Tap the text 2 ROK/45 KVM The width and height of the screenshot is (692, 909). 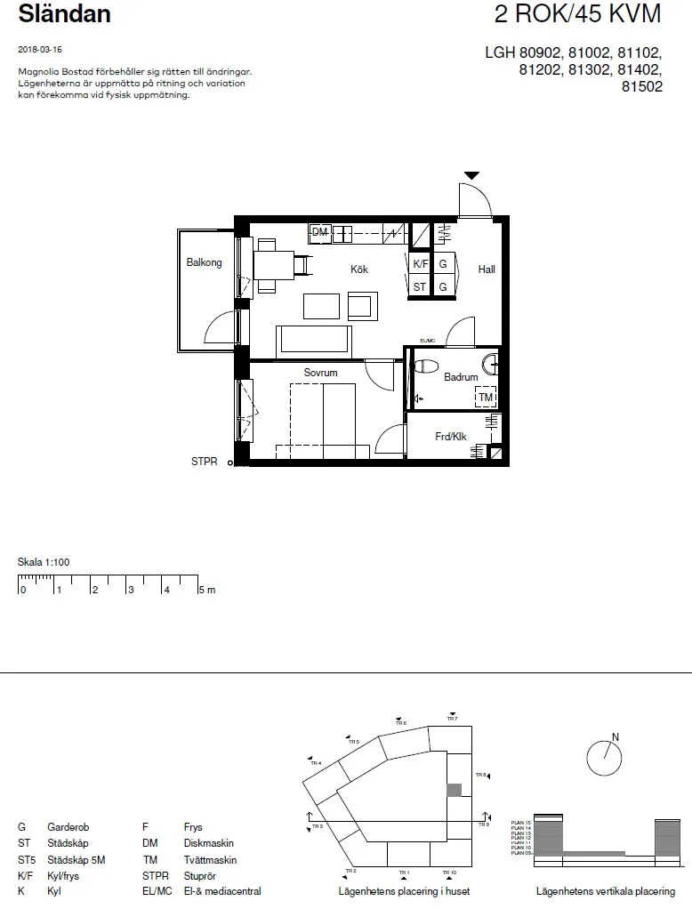click(x=578, y=14)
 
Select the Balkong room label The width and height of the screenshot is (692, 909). click(x=204, y=263)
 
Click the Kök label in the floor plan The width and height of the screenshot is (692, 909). click(x=358, y=269)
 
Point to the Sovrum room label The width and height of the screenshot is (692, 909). click(x=320, y=373)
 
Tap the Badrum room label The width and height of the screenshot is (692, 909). click(x=461, y=377)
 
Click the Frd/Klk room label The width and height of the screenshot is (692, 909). click(x=450, y=437)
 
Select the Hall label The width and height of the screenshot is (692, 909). click(x=486, y=269)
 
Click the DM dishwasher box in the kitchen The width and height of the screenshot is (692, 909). click(x=319, y=233)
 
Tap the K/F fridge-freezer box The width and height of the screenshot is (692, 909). click(x=420, y=264)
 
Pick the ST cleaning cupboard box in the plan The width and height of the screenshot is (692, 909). click(x=420, y=287)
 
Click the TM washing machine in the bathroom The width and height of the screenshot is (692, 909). click(x=486, y=398)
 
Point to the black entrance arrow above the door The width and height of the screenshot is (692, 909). click(x=471, y=176)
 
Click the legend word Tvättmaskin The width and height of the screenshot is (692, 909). click(x=210, y=860)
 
